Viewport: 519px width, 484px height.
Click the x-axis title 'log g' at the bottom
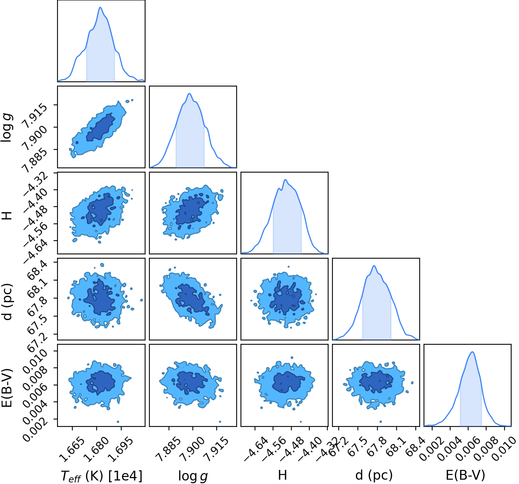(193, 475)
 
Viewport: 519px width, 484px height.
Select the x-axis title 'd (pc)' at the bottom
(374, 475)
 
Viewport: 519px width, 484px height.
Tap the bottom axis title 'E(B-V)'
(465, 475)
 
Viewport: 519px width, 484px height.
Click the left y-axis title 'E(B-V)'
(7, 388)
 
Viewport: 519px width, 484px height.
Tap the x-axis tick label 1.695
(120, 449)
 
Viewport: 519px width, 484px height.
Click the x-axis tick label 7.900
(192, 449)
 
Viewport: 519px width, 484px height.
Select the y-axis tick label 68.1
(37, 288)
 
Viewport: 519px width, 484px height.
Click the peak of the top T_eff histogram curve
(101, 7)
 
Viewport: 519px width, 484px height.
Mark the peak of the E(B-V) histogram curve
(472, 352)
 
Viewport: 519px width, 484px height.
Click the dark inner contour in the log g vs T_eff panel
(101, 127)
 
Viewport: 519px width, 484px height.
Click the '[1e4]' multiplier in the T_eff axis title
(125, 475)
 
